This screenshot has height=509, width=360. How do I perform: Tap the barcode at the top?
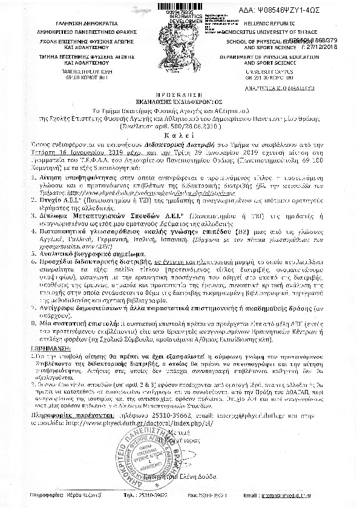tap(181, 5)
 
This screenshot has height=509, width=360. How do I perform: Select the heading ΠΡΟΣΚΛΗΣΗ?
tap(180, 96)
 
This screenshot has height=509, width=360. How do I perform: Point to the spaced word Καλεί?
tap(180, 121)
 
